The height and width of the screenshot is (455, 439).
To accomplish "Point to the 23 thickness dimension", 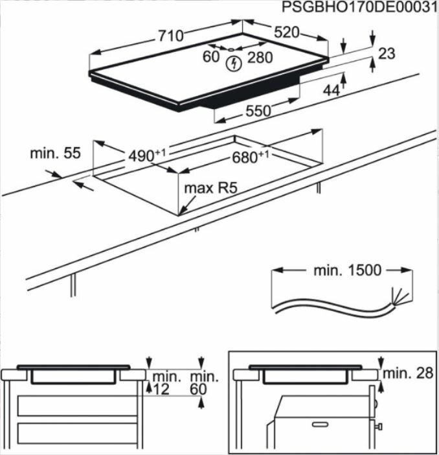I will [x=387, y=54].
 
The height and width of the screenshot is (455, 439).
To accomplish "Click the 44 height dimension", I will [x=332, y=91].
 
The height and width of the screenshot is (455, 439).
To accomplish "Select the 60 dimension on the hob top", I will [x=211, y=57].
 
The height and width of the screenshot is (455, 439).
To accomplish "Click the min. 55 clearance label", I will [x=55, y=154].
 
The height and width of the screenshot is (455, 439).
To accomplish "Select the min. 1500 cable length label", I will [x=348, y=270].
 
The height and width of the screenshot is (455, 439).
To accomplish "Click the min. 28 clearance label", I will [x=406, y=373].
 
